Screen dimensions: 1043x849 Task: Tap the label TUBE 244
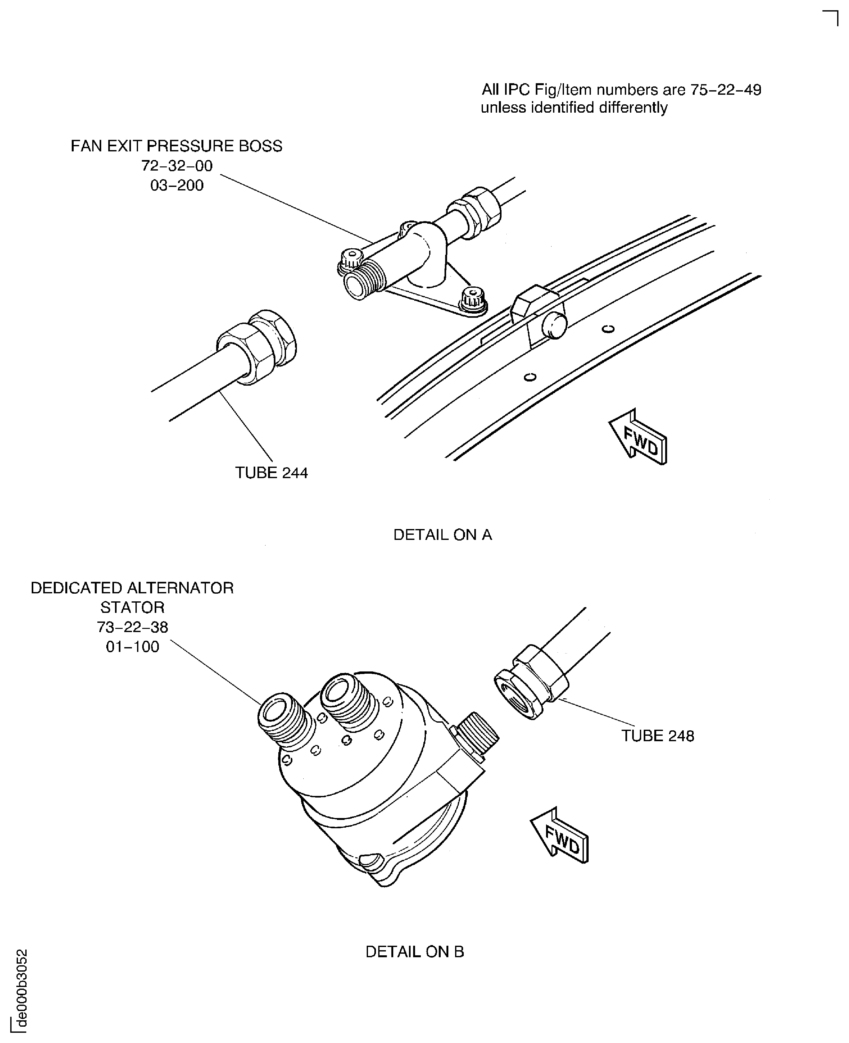272,473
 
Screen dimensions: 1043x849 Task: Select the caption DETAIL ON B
415,951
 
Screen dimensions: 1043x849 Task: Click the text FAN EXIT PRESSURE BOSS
176,146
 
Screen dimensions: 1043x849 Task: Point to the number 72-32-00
177,166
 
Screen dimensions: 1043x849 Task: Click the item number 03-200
177,185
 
